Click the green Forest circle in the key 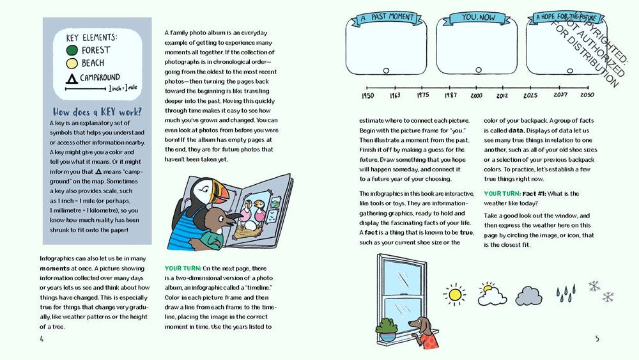pyautogui.click(x=72, y=50)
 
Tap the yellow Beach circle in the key pyautogui.click(x=72, y=63)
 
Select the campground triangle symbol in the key pyautogui.click(x=72, y=78)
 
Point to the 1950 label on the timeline pyautogui.click(x=367, y=96)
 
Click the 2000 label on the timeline pyautogui.click(x=476, y=96)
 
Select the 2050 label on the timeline pyautogui.click(x=587, y=96)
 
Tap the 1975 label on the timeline pyautogui.click(x=422, y=96)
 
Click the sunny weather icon pyautogui.click(x=455, y=293)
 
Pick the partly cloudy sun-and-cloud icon pyautogui.click(x=491, y=293)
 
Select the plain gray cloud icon pyautogui.click(x=528, y=295)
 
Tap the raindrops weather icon pyautogui.click(x=565, y=293)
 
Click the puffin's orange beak pyautogui.click(x=220, y=192)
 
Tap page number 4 pyautogui.click(x=42, y=339)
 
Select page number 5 pyautogui.click(x=597, y=339)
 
